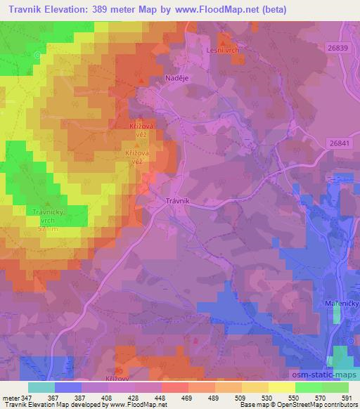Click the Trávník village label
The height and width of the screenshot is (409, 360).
tap(177, 201)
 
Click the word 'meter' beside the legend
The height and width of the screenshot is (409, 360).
tap(11, 398)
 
